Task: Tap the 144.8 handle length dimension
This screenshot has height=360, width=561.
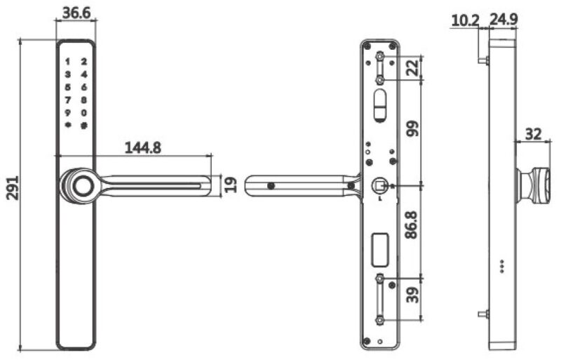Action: (x=143, y=147)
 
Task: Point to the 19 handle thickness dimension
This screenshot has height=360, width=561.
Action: (x=230, y=185)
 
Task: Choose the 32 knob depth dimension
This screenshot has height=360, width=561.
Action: (x=534, y=133)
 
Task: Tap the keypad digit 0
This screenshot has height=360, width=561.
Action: (x=83, y=112)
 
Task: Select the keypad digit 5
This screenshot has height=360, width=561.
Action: (x=68, y=87)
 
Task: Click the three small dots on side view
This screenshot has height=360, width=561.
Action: (x=501, y=267)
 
